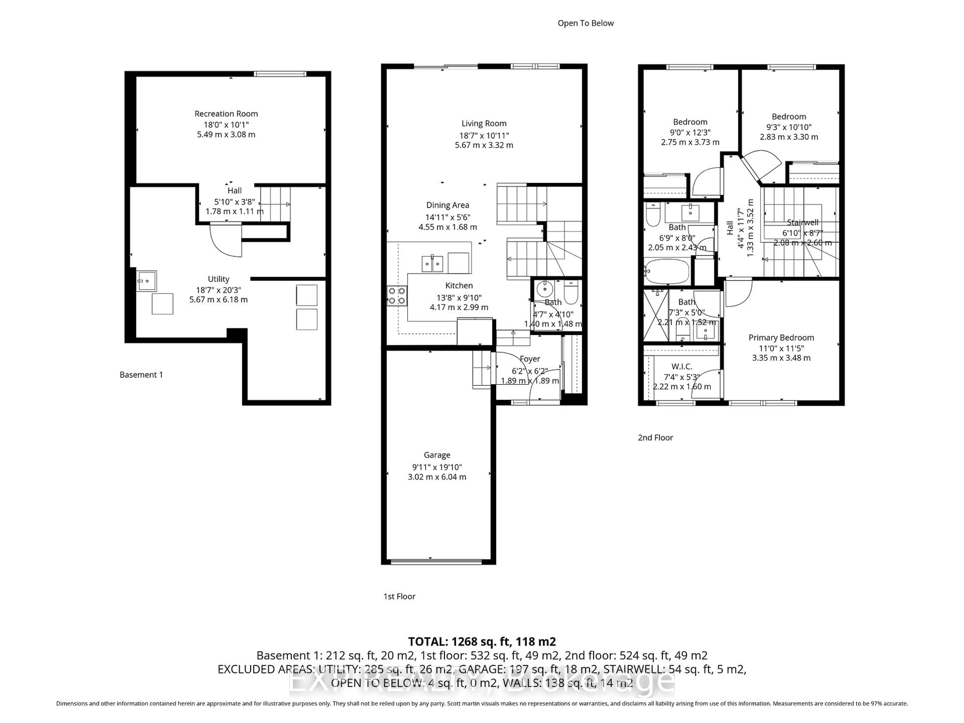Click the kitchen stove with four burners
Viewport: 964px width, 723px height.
point(397,295)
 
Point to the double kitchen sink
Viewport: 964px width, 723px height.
point(432,264)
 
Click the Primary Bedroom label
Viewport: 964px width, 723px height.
point(781,338)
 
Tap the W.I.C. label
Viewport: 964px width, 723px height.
point(682,367)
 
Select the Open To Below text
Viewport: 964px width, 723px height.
point(585,23)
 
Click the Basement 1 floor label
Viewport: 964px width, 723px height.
point(141,375)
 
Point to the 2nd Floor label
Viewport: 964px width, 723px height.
point(655,438)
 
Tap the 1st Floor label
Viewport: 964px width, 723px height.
point(399,596)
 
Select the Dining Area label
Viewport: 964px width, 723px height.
point(448,205)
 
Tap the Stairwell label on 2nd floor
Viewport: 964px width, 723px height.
point(802,222)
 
